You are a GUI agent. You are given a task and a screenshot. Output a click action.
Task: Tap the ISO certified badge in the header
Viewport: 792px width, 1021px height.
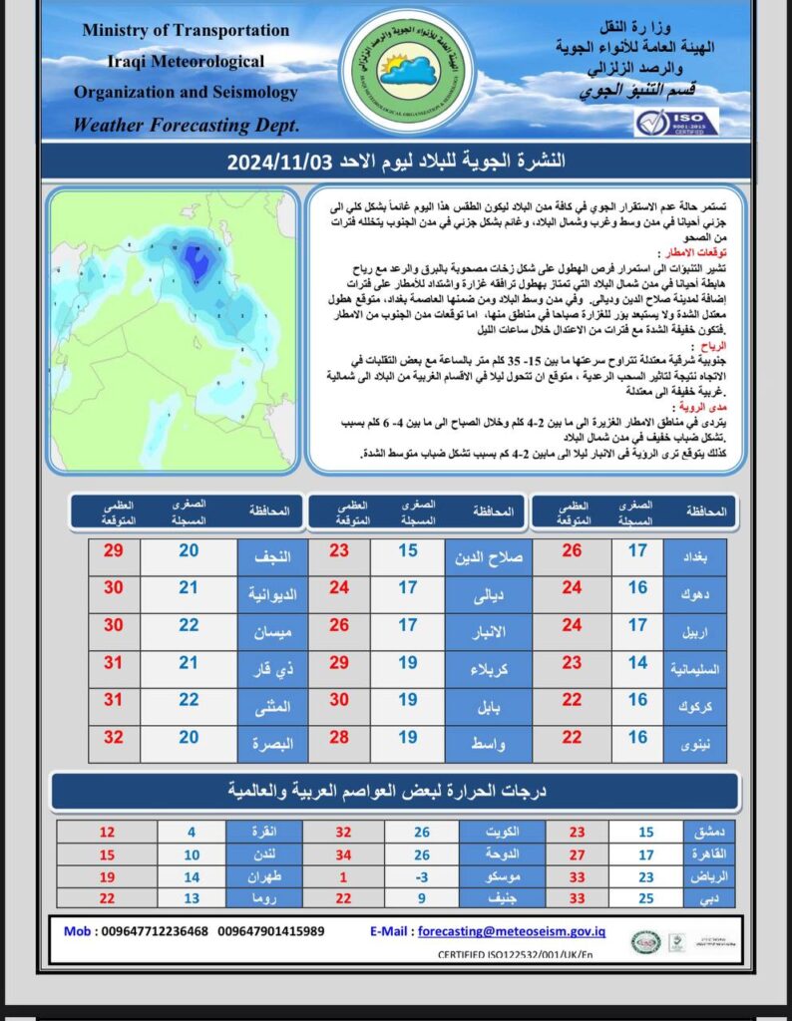coord(675,122)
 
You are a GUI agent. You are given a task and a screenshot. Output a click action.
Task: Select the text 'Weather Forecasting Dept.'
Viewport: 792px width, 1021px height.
coord(187,126)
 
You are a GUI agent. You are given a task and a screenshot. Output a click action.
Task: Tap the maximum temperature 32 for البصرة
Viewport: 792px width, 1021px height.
coord(114,738)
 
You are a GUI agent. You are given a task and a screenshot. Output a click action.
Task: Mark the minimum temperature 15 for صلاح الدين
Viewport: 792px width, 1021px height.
coord(408,551)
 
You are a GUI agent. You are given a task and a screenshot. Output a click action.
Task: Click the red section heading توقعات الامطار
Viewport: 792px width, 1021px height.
coord(716,253)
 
